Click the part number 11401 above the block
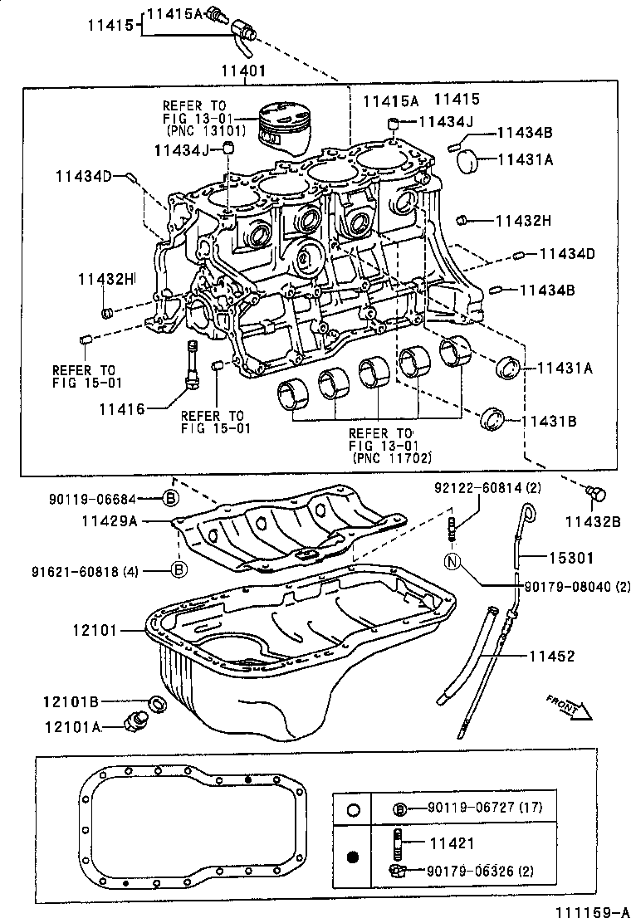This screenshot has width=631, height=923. [243, 71]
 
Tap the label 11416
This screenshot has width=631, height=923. [122, 408]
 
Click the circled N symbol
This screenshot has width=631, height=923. [452, 562]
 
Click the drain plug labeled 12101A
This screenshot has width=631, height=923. [132, 722]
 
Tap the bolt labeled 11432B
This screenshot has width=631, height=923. [594, 495]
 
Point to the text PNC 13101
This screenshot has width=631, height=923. [199, 130]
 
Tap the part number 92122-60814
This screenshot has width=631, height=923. [480, 487]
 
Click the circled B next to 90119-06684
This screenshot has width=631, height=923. [169, 498]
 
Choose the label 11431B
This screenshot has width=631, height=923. [548, 422]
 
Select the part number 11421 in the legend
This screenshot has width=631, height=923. [452, 843]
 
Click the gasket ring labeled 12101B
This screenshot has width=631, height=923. [154, 705]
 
